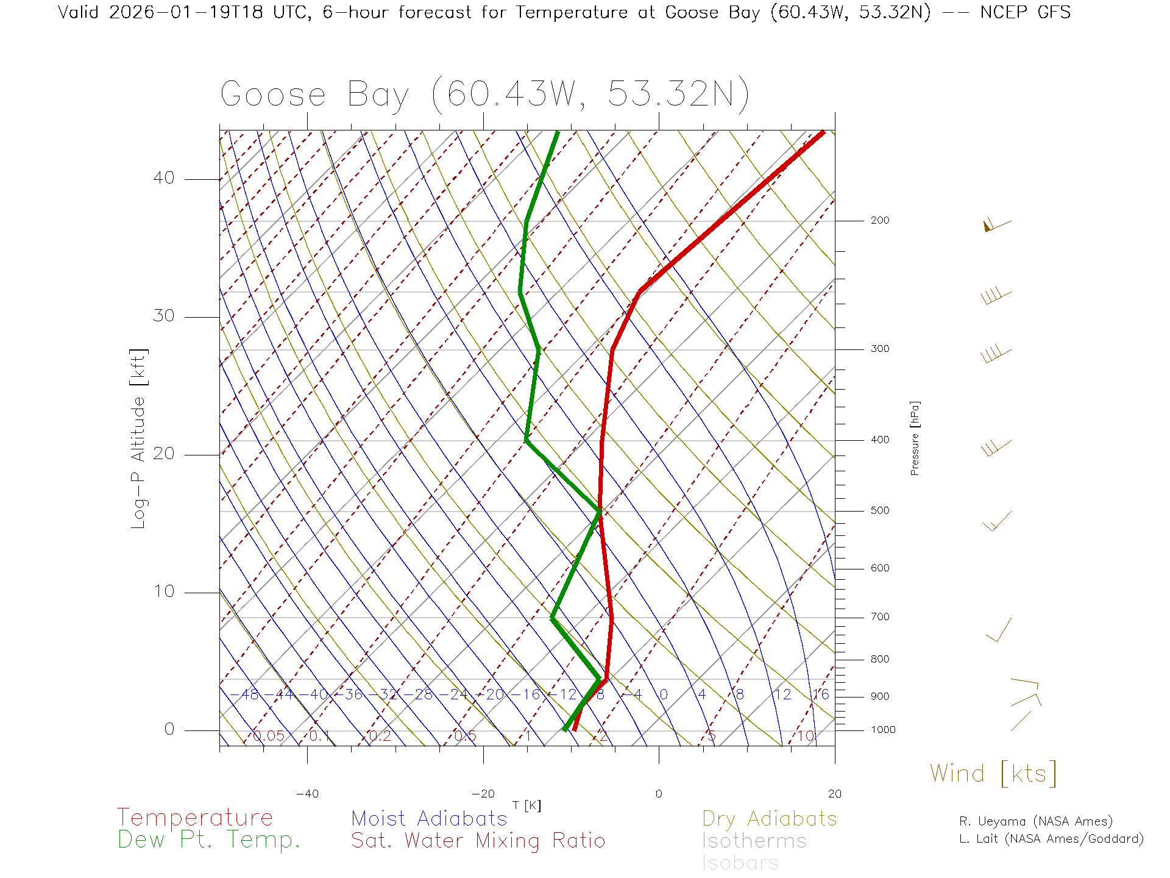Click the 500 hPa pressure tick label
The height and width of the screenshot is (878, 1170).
coord(879,510)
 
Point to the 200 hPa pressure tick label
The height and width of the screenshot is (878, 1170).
coord(879,220)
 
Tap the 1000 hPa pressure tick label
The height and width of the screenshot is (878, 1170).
coord(883,730)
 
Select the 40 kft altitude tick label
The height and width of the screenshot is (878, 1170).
coord(163,178)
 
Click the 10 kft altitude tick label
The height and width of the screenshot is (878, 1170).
coord(163,591)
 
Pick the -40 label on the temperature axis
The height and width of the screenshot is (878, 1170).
coord(307,794)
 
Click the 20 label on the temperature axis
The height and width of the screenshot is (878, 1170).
coord(834,794)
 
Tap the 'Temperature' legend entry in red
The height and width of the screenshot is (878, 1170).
coord(194,817)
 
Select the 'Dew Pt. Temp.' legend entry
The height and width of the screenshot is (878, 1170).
coord(209,840)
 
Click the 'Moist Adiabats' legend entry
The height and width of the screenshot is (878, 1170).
coord(429,818)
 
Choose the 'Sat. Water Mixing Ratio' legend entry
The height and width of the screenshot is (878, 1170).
coord(478,840)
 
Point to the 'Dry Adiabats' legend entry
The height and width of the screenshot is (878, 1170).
coord(769,818)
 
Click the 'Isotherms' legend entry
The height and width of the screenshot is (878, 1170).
coord(754,841)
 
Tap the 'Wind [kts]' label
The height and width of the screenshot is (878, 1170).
coord(993,773)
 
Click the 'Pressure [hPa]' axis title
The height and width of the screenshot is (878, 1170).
coord(915,438)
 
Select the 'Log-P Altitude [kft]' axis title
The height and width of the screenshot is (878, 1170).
coord(139,438)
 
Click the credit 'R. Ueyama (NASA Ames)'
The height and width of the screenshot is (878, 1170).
coord(1036,821)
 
